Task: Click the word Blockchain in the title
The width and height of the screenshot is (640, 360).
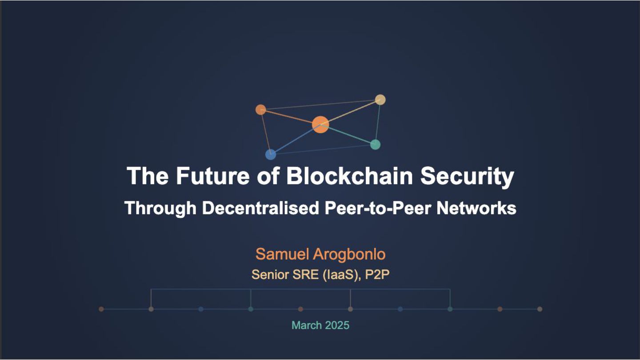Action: (x=350, y=176)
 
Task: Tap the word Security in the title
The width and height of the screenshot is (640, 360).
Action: (x=467, y=176)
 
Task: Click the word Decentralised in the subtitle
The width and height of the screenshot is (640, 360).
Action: (x=260, y=208)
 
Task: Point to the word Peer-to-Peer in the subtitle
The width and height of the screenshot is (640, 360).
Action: (x=377, y=208)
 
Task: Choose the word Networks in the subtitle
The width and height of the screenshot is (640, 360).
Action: (x=476, y=208)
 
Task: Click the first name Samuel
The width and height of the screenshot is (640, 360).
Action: (x=283, y=254)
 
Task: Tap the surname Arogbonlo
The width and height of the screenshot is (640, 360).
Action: (x=349, y=254)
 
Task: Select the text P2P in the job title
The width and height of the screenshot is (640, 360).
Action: (x=377, y=275)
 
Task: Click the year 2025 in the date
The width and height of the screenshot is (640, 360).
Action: (x=337, y=325)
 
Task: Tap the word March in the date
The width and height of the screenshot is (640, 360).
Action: (x=307, y=325)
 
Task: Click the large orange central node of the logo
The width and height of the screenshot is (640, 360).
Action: (x=320, y=124)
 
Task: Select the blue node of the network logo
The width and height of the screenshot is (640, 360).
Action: (x=271, y=155)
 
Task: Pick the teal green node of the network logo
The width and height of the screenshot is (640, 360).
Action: (x=376, y=144)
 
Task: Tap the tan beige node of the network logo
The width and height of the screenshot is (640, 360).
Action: (x=380, y=100)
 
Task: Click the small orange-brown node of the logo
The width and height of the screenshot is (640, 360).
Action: (x=261, y=109)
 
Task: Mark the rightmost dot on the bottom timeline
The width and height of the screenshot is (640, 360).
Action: (x=540, y=309)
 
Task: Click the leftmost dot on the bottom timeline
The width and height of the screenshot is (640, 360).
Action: (x=101, y=309)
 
